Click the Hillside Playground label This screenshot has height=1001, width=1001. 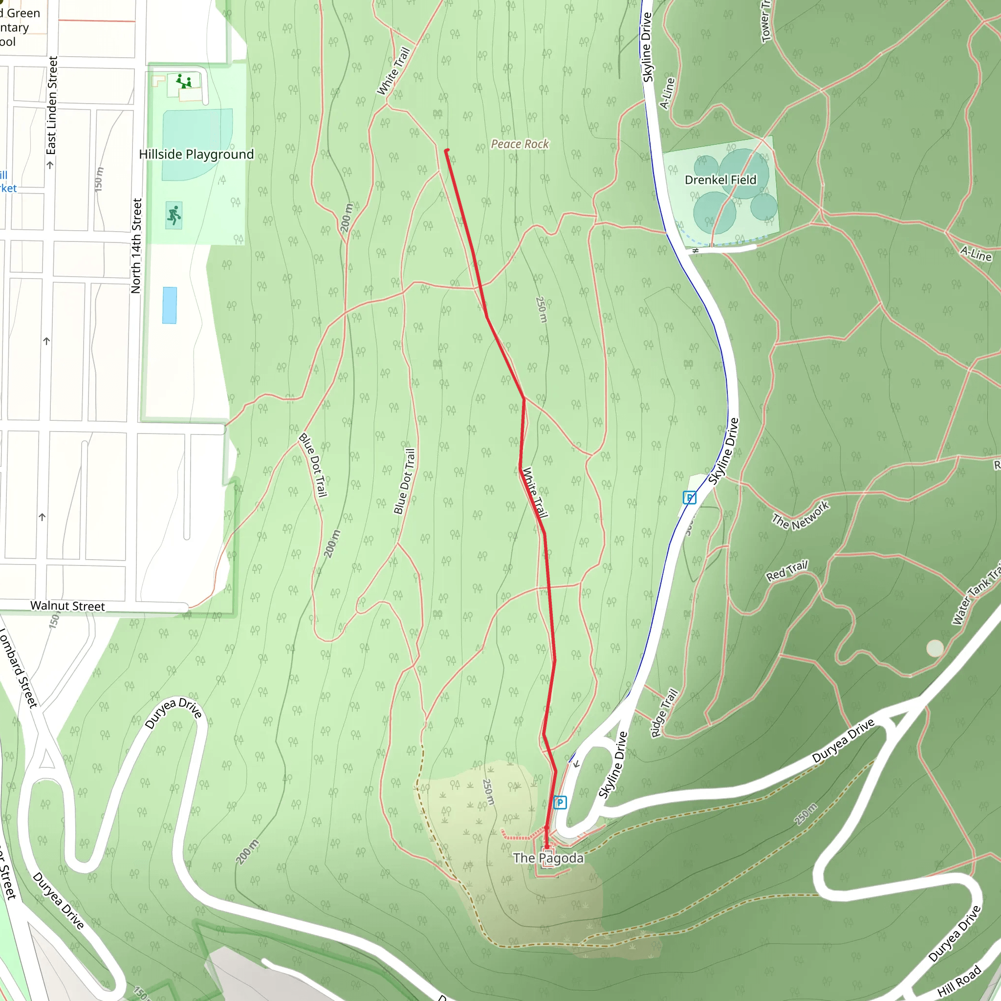[x=196, y=154]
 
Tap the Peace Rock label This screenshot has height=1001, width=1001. [x=520, y=144]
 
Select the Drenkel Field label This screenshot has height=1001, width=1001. [x=720, y=180]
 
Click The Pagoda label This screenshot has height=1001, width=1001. [x=548, y=858]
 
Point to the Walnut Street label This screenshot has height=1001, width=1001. [x=67, y=606]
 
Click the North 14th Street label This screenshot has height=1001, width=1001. [x=136, y=246]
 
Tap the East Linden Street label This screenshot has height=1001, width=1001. [x=51, y=106]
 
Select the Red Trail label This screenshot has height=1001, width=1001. [x=786, y=570]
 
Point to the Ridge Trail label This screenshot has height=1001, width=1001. [x=664, y=713]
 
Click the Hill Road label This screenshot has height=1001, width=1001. [x=959, y=981]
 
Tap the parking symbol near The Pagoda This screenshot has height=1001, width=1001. [x=560, y=803]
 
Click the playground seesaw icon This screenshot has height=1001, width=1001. [x=183, y=81]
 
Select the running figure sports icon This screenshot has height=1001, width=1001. [x=174, y=215]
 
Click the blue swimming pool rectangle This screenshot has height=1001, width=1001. [x=170, y=305]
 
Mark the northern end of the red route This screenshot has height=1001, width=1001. [x=447, y=151]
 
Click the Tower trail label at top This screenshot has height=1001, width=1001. [x=766, y=21]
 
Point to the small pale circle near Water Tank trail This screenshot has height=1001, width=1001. [x=935, y=648]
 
